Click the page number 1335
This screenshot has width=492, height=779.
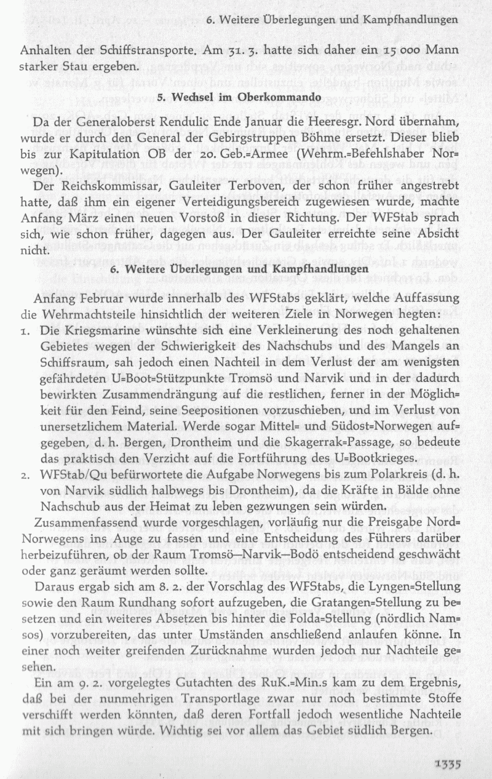coord(444,765)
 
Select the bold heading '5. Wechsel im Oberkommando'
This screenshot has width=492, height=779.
coord(239,97)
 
